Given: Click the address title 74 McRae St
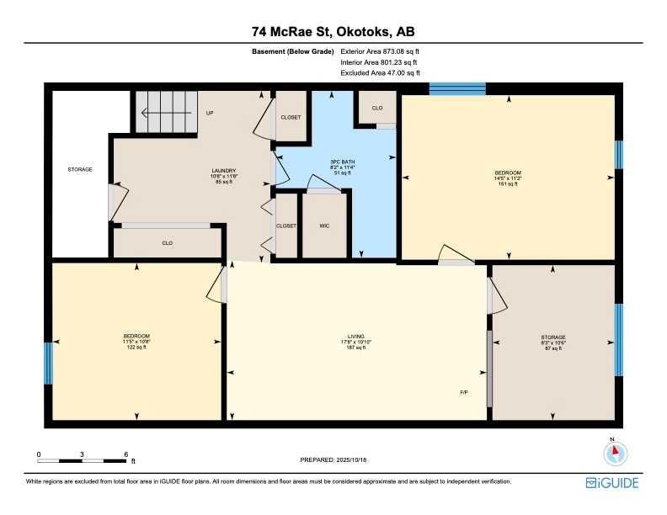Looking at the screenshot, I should point(333,32).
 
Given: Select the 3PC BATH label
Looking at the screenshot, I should point(339,162).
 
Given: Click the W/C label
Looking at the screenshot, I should point(324,226).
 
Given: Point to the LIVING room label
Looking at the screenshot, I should point(355,340).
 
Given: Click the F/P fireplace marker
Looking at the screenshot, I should point(463,392).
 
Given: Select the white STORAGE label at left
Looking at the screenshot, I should point(80,169).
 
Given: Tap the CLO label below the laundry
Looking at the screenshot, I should point(168,243).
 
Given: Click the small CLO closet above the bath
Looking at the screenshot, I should point(376,108).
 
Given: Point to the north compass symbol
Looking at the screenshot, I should point(616,452).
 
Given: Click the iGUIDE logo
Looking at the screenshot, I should point(612,483).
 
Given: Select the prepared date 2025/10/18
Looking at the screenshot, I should point(334,459).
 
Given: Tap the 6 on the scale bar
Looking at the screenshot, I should point(125,454).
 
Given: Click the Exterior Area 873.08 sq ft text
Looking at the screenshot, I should point(379,52).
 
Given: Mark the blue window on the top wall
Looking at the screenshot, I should point(457,88).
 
